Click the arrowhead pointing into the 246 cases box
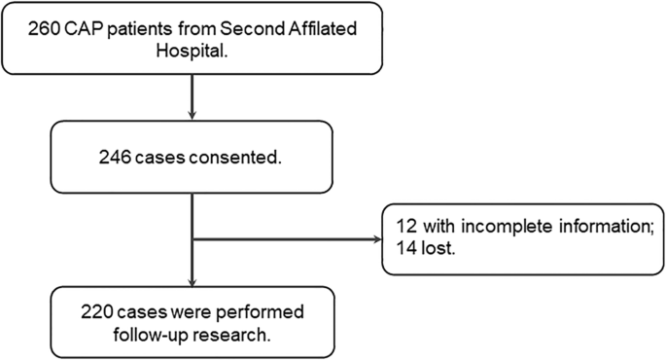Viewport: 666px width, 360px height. point(193,118)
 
